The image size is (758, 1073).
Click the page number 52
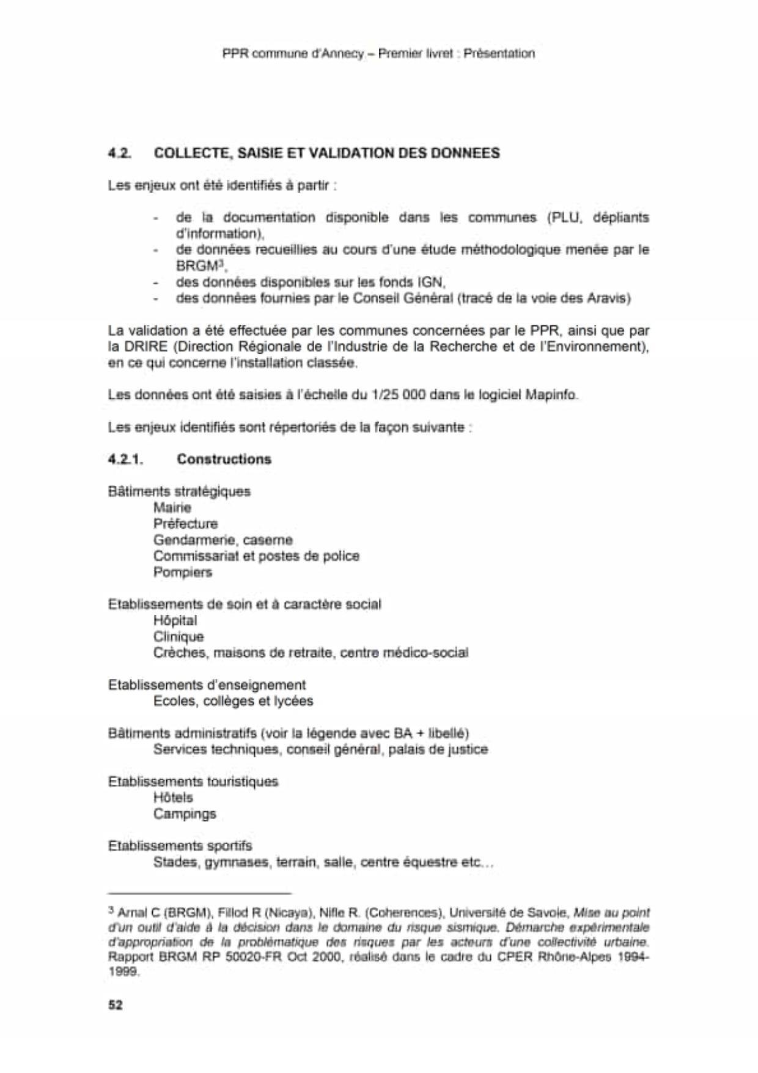click(115, 1005)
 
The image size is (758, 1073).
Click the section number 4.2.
click(119, 153)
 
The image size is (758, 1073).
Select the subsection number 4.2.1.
click(125, 459)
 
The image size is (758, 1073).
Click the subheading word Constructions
click(224, 459)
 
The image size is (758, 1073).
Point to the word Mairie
click(172, 508)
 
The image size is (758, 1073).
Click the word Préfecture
click(185, 524)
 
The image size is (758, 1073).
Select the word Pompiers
click(183, 573)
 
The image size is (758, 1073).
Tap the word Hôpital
click(175, 620)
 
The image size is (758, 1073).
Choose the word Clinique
click(178, 637)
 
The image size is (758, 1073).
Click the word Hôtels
click(173, 798)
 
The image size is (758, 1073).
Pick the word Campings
click(185, 814)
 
